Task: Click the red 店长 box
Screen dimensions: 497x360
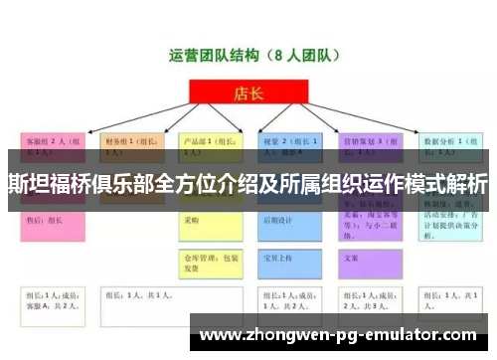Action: (248, 94)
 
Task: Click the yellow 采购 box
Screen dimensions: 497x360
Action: (212, 221)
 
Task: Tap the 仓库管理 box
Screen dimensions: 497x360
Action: (212, 261)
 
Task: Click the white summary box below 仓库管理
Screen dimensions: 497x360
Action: (212, 300)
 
